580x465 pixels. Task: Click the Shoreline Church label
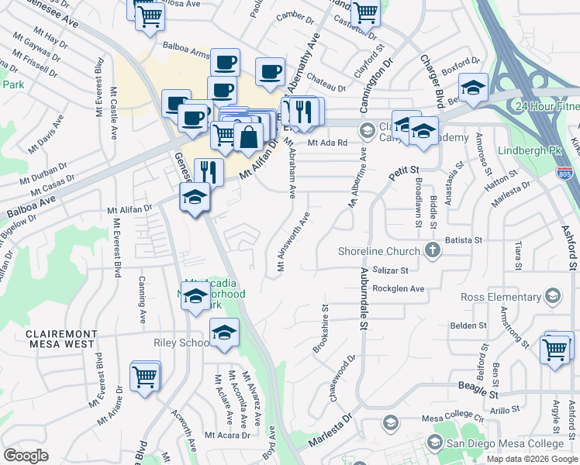[379, 250]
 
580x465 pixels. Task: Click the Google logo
[26, 456]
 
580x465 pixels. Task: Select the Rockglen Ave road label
[399, 289]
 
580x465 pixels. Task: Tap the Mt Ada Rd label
[326, 143]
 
